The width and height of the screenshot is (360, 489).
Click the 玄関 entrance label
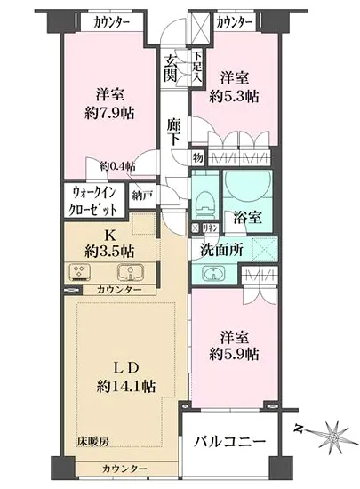(172, 68)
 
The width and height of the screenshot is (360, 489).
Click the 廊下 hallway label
(176, 132)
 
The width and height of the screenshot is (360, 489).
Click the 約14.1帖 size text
(119, 388)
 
